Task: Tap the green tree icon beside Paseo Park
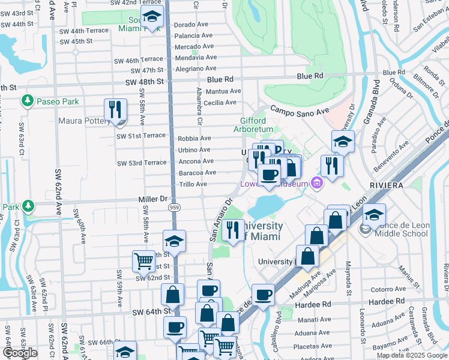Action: tap(26, 100)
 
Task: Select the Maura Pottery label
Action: tap(83, 121)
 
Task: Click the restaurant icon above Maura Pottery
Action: tap(115, 110)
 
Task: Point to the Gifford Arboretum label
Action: tap(253, 124)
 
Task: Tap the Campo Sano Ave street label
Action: tap(300, 111)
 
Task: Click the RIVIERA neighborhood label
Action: tap(387, 185)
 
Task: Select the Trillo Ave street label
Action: tap(193, 184)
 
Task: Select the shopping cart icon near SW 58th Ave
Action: tap(143, 261)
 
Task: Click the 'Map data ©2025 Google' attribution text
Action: tap(411, 355)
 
